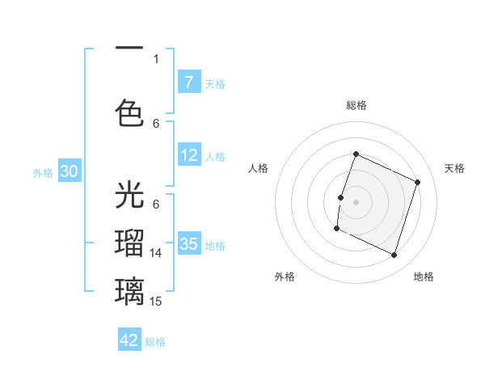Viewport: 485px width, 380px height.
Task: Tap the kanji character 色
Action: click(130, 112)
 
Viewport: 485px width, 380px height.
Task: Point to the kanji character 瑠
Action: click(130, 244)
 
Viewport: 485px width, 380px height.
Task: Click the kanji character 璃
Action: click(130, 290)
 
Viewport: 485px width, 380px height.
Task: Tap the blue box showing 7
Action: click(188, 82)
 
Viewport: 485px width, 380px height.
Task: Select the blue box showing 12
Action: click(188, 155)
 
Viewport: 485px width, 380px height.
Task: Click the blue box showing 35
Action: click(188, 244)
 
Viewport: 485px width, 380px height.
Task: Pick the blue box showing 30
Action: click(69, 171)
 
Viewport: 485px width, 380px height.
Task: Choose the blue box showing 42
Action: click(129, 340)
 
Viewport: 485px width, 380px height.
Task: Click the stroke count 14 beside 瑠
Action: click(156, 253)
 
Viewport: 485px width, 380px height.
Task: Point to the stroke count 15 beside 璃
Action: click(156, 301)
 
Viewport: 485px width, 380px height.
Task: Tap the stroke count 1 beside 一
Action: click(156, 58)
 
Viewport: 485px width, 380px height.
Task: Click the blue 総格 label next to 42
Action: click(156, 341)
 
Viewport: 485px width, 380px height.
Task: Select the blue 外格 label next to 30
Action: click(43, 172)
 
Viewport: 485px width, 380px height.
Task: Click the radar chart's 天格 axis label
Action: click(454, 168)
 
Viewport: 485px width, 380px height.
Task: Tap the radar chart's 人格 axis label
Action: click(259, 168)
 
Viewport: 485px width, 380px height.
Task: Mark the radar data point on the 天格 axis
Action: click(417, 183)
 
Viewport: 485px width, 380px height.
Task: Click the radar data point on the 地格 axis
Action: click(394, 255)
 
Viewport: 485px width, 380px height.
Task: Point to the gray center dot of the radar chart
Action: click(356, 202)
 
